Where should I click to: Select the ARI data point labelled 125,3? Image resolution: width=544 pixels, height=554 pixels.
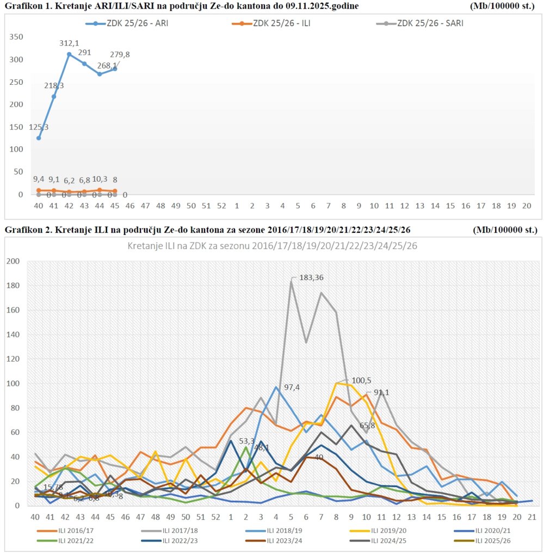[x=39, y=138]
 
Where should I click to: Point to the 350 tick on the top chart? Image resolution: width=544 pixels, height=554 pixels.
[x=16, y=37]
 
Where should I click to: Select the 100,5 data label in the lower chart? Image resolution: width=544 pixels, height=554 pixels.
[x=361, y=380]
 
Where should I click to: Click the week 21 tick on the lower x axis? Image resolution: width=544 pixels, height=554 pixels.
[x=531, y=516]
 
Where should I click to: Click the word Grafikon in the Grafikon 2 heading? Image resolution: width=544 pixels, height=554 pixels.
[x=22, y=230]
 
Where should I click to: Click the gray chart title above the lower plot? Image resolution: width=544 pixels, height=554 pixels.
[x=273, y=246]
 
